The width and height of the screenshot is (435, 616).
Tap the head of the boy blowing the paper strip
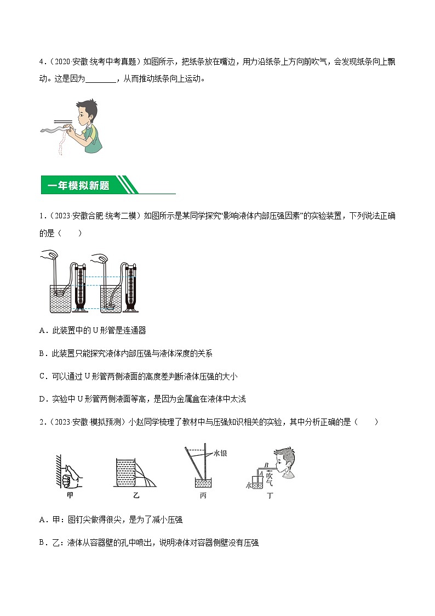(88, 111)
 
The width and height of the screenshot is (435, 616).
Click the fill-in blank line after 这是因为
(101, 80)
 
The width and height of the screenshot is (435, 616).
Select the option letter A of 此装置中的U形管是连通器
(43, 331)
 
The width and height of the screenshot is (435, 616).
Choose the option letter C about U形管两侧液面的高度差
(43, 376)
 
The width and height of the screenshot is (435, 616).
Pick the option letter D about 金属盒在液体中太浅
(43, 399)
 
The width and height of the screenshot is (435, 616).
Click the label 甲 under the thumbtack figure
(70, 495)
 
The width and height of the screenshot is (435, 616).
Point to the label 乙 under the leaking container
(136, 495)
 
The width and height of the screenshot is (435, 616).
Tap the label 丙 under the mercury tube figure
(203, 495)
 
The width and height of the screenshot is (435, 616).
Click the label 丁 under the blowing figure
(270, 495)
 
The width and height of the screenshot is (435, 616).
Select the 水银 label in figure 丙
(220, 453)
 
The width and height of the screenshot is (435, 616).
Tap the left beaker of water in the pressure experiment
(60, 299)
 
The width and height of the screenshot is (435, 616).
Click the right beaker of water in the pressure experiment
(111, 299)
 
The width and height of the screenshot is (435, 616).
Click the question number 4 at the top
(41, 61)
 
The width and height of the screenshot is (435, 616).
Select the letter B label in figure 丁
(266, 465)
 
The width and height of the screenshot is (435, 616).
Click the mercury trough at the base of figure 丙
(202, 483)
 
